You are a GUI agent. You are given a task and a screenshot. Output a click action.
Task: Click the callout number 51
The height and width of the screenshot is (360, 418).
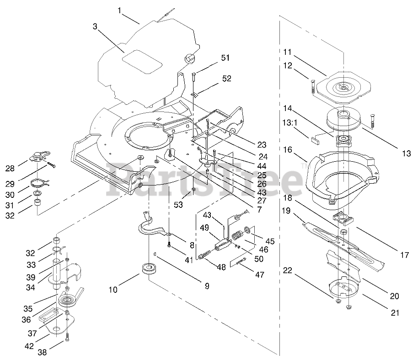point(225,58)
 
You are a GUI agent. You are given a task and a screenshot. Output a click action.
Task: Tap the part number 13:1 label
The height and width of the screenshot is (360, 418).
point(290,123)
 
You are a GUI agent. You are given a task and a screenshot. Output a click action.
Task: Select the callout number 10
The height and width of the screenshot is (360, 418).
point(113,290)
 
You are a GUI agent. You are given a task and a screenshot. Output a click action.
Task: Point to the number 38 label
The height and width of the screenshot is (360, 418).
point(42,352)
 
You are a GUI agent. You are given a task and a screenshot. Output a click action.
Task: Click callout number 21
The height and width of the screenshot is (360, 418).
point(395,312)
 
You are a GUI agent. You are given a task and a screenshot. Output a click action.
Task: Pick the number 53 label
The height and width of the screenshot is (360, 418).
point(178,205)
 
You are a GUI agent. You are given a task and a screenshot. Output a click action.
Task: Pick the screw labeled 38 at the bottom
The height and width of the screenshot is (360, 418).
point(67,337)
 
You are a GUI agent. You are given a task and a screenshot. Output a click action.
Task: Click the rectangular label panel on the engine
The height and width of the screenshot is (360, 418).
point(142,62)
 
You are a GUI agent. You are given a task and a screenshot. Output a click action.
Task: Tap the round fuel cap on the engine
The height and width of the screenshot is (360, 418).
point(190,58)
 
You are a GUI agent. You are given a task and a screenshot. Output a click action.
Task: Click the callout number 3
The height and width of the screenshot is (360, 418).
point(95,26)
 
